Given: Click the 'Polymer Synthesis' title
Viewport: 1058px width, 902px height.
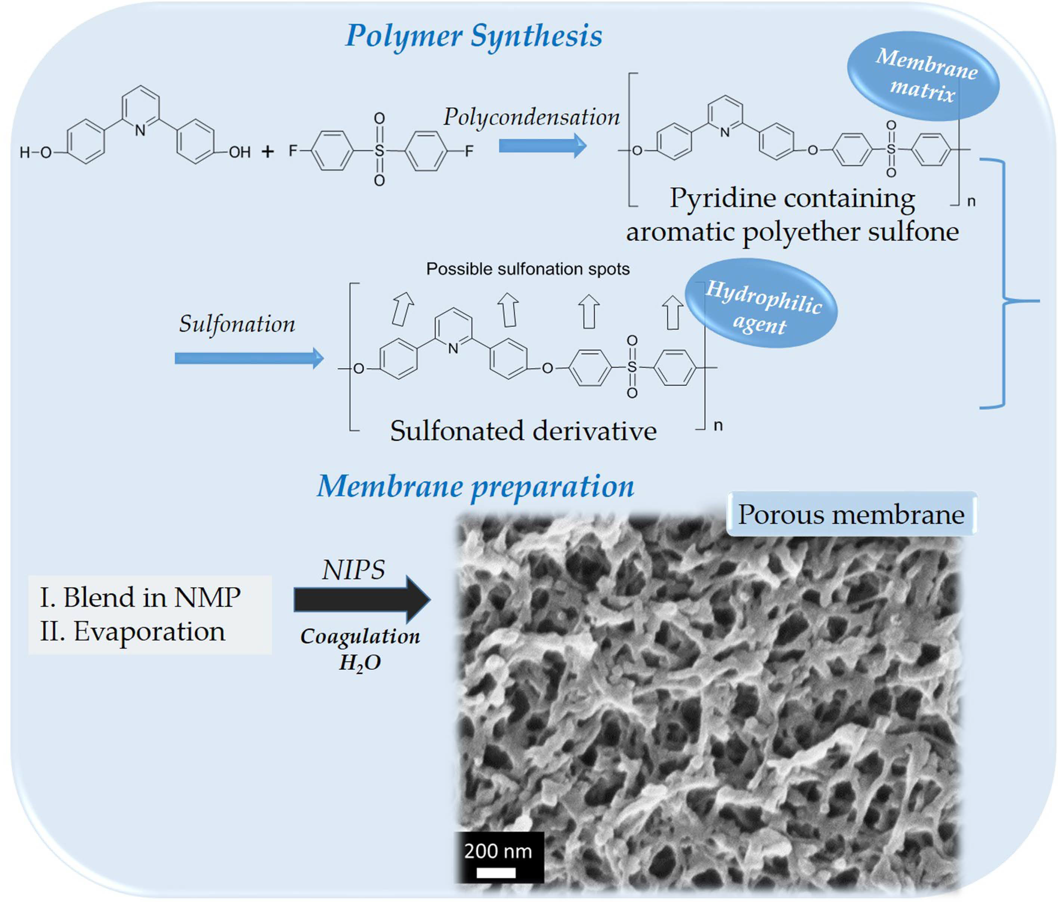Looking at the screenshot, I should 473,36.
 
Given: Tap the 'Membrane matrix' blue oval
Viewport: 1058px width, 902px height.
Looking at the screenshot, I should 923,77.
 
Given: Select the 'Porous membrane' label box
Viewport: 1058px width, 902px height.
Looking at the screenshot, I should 851,514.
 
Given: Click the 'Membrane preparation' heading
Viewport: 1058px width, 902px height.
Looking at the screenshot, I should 475,486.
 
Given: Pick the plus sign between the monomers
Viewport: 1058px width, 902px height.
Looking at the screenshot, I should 267,152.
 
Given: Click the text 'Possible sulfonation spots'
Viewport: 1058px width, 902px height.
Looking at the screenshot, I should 528,269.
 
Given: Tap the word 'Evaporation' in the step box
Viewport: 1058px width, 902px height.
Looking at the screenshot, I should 149,631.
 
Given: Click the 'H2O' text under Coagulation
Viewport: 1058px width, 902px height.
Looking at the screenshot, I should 360,663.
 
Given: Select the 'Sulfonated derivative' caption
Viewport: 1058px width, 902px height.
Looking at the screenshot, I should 523,430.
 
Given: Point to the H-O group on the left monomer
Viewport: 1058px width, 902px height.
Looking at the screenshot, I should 36,152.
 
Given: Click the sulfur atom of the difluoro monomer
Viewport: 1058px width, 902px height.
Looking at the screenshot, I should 379,150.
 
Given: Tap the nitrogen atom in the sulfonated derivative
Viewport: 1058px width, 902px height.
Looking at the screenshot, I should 453,348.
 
